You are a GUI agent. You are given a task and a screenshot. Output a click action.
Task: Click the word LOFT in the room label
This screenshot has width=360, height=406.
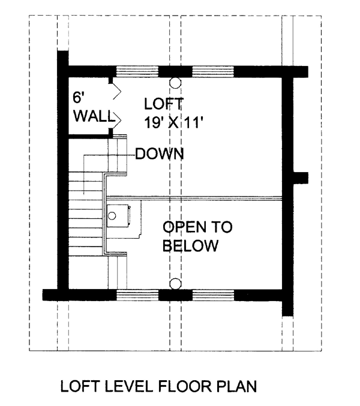(x=164, y=104)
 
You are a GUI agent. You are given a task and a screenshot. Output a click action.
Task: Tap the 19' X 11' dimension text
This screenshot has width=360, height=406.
(x=173, y=122)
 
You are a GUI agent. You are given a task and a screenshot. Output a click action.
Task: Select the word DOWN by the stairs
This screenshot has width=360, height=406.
(x=160, y=154)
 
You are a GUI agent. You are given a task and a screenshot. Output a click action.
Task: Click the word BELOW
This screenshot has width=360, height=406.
(x=190, y=246)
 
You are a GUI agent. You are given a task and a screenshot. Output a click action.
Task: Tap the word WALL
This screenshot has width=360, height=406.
(x=94, y=116)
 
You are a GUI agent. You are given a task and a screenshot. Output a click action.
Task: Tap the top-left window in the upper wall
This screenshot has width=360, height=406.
(x=137, y=72)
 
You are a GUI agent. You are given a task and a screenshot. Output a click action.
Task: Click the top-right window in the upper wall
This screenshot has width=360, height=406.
(x=213, y=72)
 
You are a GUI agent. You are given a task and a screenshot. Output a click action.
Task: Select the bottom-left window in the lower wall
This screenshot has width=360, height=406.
(x=137, y=295)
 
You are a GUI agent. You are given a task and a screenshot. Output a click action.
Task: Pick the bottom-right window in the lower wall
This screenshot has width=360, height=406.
(x=213, y=295)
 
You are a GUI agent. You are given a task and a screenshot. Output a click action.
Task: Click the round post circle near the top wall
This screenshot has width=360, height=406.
(x=175, y=83)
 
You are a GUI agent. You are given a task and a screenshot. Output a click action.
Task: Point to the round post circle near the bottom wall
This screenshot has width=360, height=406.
(x=175, y=284)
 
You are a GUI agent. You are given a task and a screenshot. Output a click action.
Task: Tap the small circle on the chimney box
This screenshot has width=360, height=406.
(x=112, y=216)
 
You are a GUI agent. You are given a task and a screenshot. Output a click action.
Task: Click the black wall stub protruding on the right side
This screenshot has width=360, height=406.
(x=301, y=178)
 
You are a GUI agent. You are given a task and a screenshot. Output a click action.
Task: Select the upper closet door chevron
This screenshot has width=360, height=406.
(x=117, y=91)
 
